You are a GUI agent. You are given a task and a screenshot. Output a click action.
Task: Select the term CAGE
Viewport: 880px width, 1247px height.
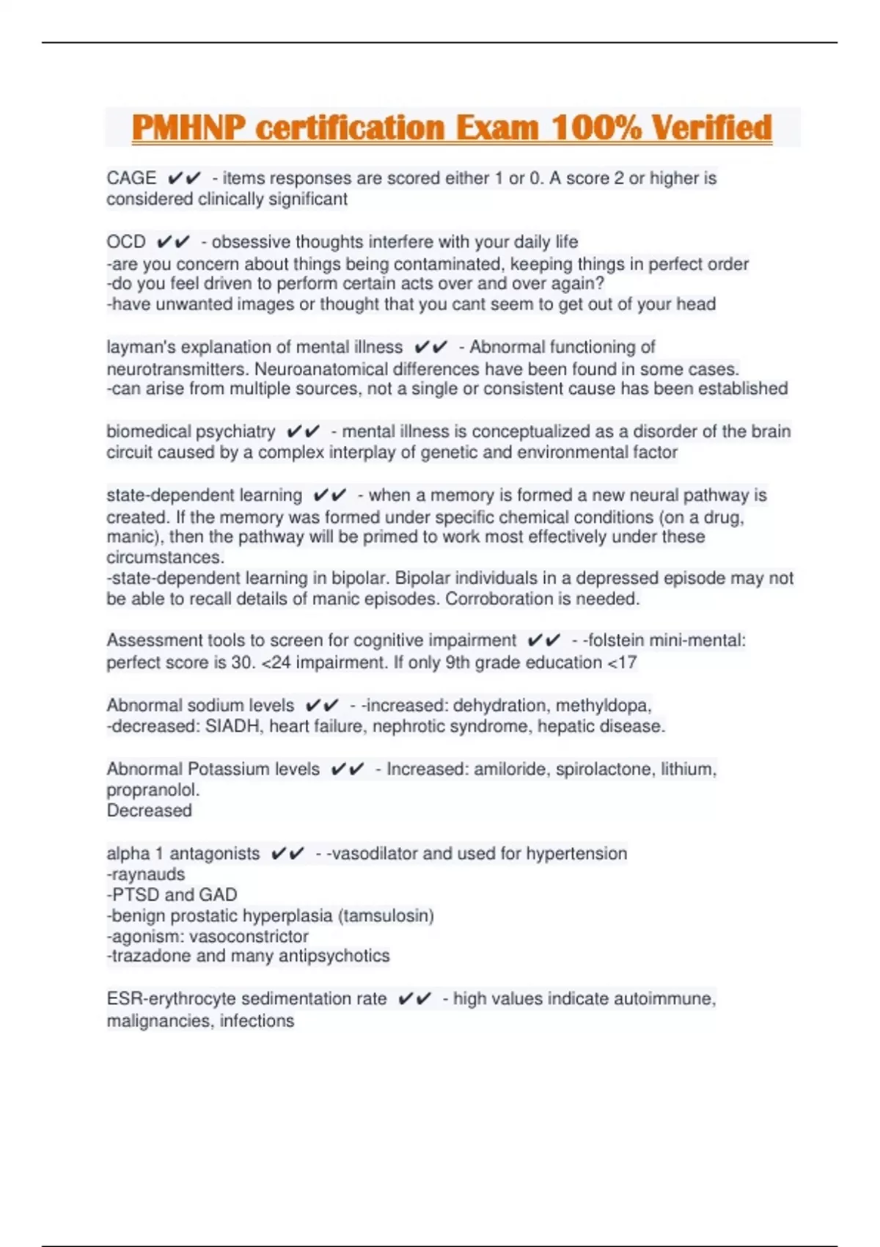(131, 178)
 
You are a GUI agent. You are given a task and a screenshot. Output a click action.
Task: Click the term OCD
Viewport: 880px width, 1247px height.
(126, 242)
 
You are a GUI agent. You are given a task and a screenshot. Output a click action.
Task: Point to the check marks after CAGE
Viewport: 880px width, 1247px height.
(184, 178)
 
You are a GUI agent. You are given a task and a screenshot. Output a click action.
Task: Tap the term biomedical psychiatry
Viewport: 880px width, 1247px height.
(191, 431)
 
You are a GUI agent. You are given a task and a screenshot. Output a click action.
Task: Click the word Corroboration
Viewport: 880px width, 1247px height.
(499, 599)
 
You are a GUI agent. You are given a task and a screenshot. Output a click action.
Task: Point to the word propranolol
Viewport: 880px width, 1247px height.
(152, 790)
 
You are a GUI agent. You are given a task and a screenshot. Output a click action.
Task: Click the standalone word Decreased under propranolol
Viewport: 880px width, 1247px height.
(149, 811)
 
